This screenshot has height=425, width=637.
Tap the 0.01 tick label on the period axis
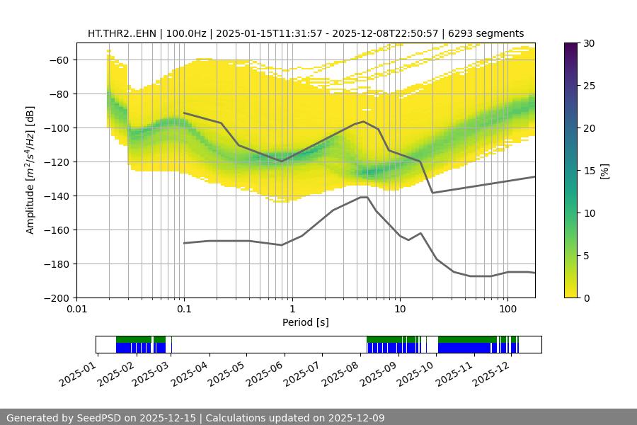(x=76, y=310)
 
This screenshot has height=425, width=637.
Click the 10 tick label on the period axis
(x=400, y=310)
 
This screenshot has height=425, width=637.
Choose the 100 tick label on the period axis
(x=507, y=310)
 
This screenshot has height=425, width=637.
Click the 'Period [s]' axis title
(x=306, y=322)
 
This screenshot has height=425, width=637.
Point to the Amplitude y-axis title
(x=30, y=170)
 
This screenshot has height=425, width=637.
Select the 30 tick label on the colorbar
(x=587, y=44)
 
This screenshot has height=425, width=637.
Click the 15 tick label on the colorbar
(x=587, y=171)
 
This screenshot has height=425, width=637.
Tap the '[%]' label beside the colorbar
(x=604, y=171)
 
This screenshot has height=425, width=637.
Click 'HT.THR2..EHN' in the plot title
(x=123, y=33)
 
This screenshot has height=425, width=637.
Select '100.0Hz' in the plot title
(x=188, y=33)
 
